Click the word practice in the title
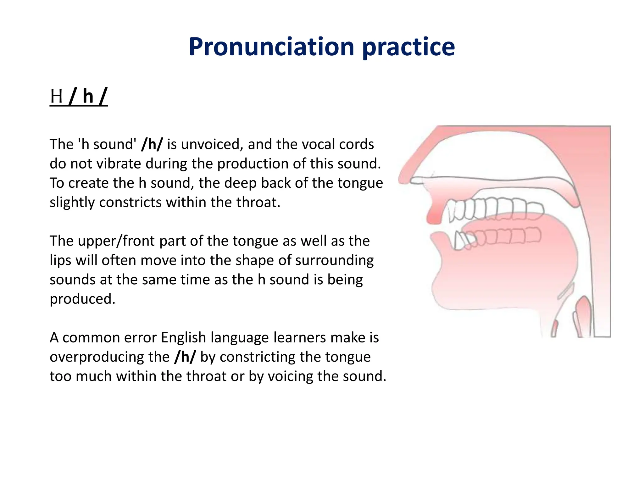coord(408,47)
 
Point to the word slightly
coord(72,203)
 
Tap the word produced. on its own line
coord(82,299)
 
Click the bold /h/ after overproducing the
coord(185,357)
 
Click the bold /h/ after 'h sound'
coord(152,144)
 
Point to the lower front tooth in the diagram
coord(460,241)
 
